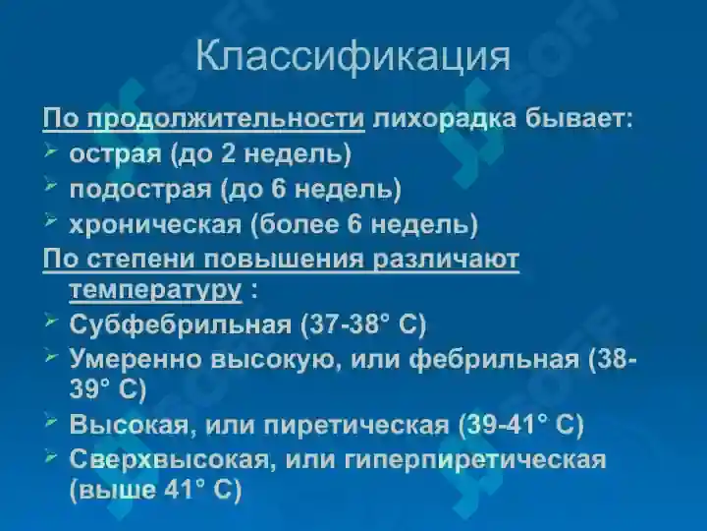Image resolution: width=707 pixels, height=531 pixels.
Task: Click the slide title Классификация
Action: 353,56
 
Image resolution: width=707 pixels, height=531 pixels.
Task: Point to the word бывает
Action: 579,120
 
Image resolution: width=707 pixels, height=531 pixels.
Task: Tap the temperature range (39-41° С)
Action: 520,425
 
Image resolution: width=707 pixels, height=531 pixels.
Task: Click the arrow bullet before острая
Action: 52,152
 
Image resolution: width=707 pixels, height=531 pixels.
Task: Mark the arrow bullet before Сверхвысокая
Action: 52,457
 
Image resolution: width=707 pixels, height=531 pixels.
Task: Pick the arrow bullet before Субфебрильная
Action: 52,322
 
